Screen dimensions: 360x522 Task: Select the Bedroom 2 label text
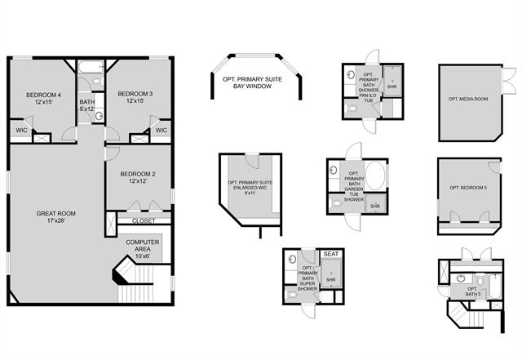[137, 177]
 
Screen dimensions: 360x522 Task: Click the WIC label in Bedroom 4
[20, 130]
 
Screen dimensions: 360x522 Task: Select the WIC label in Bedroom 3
[161, 130]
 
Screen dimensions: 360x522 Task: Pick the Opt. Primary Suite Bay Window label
[258, 82]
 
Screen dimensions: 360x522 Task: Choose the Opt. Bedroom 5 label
[467, 188]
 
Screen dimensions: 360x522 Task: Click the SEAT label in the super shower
[331, 255]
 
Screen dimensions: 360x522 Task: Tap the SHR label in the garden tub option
[375, 207]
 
